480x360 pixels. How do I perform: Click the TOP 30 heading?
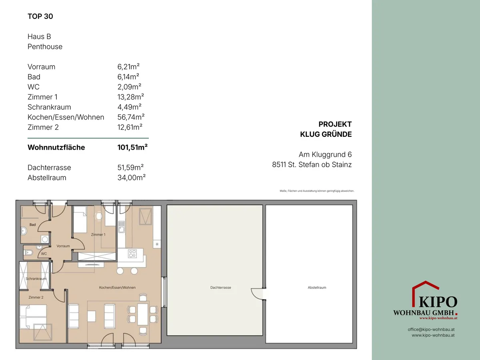tap(40, 16)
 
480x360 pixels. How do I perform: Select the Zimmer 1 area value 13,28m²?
tap(130, 97)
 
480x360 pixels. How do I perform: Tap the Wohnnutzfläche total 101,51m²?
tap(132, 147)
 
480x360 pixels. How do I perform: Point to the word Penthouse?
tap(45, 46)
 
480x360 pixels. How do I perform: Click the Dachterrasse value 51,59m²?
tap(130, 168)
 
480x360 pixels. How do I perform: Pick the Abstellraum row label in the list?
tap(47, 178)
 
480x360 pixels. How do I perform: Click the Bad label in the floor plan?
tap(32, 224)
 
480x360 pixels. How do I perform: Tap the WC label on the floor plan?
tap(44, 254)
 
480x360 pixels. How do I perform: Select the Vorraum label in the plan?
tap(63, 246)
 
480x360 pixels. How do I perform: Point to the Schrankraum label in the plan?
tap(36, 279)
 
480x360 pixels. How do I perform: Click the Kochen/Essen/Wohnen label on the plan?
tap(117, 288)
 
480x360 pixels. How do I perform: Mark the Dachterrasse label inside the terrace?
tap(221, 288)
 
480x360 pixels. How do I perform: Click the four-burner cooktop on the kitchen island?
tap(132, 254)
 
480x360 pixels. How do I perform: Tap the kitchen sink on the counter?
tap(121, 227)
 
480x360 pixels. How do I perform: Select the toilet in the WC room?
tap(28, 253)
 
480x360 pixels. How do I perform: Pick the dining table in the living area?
tap(143, 314)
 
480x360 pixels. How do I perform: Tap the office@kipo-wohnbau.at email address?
tap(431, 329)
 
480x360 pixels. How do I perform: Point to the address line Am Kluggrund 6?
tap(325, 154)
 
